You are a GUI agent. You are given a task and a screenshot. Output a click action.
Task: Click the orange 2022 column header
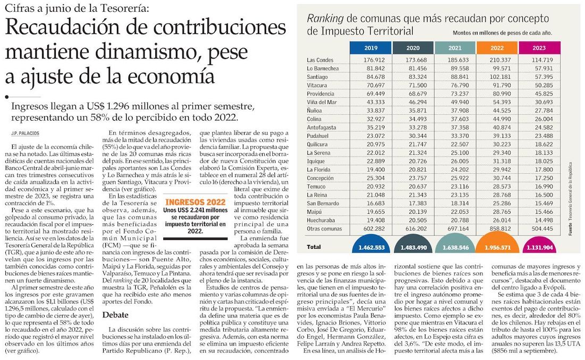[497, 48]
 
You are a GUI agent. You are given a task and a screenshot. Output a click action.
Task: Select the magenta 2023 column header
[539, 48]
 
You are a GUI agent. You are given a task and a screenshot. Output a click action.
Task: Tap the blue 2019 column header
[371, 48]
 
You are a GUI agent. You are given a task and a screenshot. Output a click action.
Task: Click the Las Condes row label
[320, 60]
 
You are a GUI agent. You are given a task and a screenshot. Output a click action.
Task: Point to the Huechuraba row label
[321, 221]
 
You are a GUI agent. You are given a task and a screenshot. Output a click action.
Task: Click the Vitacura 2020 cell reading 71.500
[413, 86]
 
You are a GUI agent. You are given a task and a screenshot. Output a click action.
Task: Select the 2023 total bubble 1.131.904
[539, 246]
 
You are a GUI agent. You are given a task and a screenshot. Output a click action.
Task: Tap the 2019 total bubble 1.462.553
[371, 246]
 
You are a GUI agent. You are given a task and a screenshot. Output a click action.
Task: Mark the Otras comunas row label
[324, 229]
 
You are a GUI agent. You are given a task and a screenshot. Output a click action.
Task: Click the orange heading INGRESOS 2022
[196, 202]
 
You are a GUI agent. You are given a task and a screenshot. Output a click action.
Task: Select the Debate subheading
[115, 315]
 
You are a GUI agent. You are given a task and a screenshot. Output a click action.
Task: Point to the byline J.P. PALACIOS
[25, 133]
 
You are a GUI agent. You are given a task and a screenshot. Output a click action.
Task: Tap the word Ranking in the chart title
[325, 18]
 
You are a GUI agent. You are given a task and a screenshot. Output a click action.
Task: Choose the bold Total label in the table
[314, 247]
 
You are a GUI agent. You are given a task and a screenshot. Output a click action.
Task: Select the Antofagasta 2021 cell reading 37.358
[455, 128]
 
